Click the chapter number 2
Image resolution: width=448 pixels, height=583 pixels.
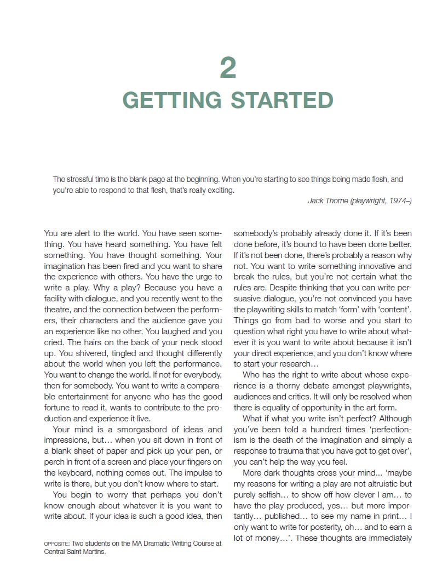(x=228, y=68)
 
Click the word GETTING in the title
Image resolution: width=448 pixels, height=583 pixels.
(x=171, y=101)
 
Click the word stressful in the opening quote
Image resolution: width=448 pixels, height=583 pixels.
(x=84, y=179)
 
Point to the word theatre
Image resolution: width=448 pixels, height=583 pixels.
(x=56, y=310)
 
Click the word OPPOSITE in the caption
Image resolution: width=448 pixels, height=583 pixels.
(x=56, y=544)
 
